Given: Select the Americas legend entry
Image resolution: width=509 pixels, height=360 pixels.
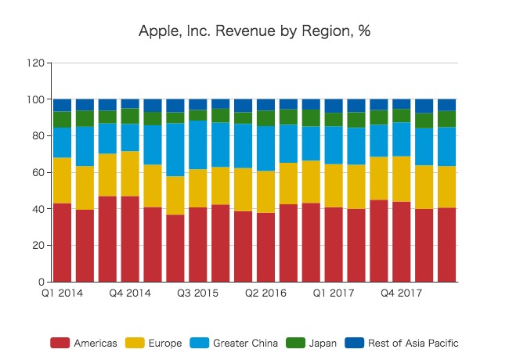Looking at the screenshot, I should (x=84, y=343).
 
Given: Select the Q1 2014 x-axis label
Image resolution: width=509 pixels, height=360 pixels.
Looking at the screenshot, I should (x=62, y=293).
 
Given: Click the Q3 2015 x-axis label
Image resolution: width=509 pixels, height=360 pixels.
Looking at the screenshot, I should (x=197, y=293).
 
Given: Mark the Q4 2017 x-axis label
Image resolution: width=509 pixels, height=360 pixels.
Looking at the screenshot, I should (x=401, y=293).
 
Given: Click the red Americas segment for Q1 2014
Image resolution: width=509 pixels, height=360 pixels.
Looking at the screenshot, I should (x=62, y=243).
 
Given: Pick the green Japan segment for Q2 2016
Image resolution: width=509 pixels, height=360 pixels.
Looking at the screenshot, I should (x=266, y=118).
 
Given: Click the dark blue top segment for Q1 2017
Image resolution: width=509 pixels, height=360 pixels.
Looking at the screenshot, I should (x=334, y=106).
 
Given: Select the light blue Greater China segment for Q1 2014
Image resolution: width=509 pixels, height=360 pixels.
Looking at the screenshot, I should (x=62, y=142).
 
